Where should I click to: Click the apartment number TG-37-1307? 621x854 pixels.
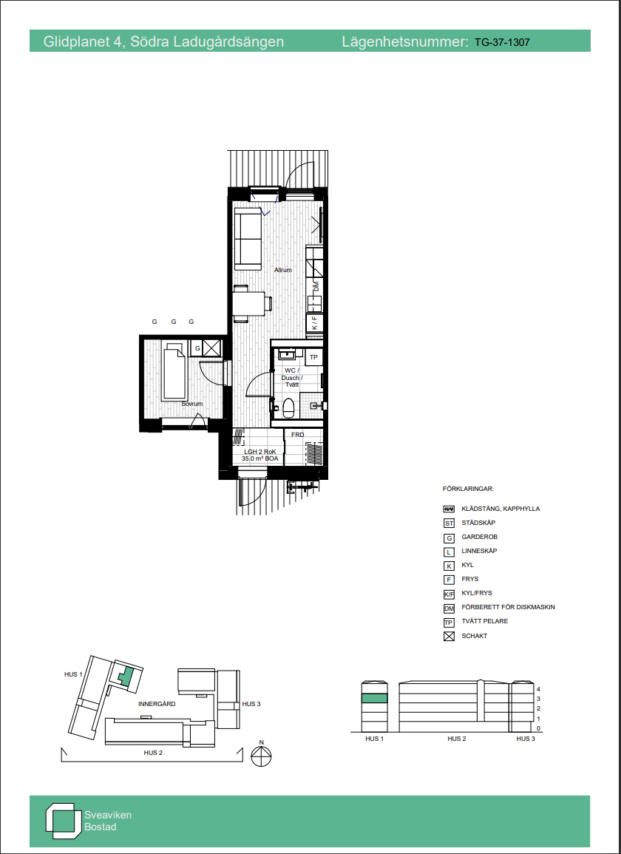[502, 41]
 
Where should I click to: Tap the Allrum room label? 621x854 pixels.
[283, 270]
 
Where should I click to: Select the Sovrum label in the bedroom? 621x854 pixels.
[192, 404]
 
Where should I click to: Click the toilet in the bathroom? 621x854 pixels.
[288, 407]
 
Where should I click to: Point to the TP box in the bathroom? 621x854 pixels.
[313, 357]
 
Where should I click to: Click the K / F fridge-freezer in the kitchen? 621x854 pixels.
[314, 324]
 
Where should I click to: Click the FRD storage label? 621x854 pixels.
[297, 435]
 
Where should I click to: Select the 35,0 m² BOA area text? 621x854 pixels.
[259, 459]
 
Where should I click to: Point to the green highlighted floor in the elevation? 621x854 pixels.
[375, 698]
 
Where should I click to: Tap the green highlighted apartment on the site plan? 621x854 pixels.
[126, 677]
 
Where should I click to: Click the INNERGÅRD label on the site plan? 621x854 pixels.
[157, 704]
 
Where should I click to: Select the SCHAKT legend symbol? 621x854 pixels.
[449, 636]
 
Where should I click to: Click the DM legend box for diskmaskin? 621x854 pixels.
[449, 608]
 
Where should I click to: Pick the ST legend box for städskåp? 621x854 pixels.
[449, 523]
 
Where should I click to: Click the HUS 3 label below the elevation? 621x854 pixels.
[526, 739]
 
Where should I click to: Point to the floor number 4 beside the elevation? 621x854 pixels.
[538, 688]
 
